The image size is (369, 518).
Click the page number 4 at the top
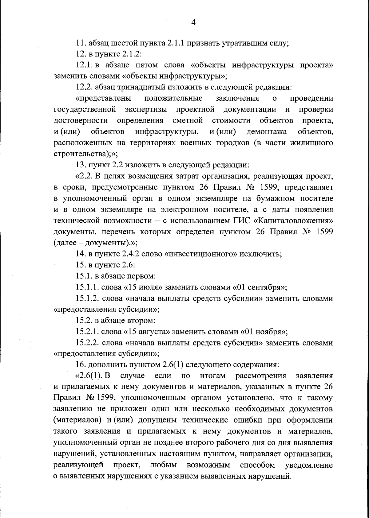193,22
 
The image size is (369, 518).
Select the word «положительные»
173,98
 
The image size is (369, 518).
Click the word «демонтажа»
267,132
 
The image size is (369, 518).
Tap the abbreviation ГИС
238,220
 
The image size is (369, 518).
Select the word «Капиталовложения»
293,220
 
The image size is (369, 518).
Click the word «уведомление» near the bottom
308,465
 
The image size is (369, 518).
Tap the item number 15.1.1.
87,287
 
